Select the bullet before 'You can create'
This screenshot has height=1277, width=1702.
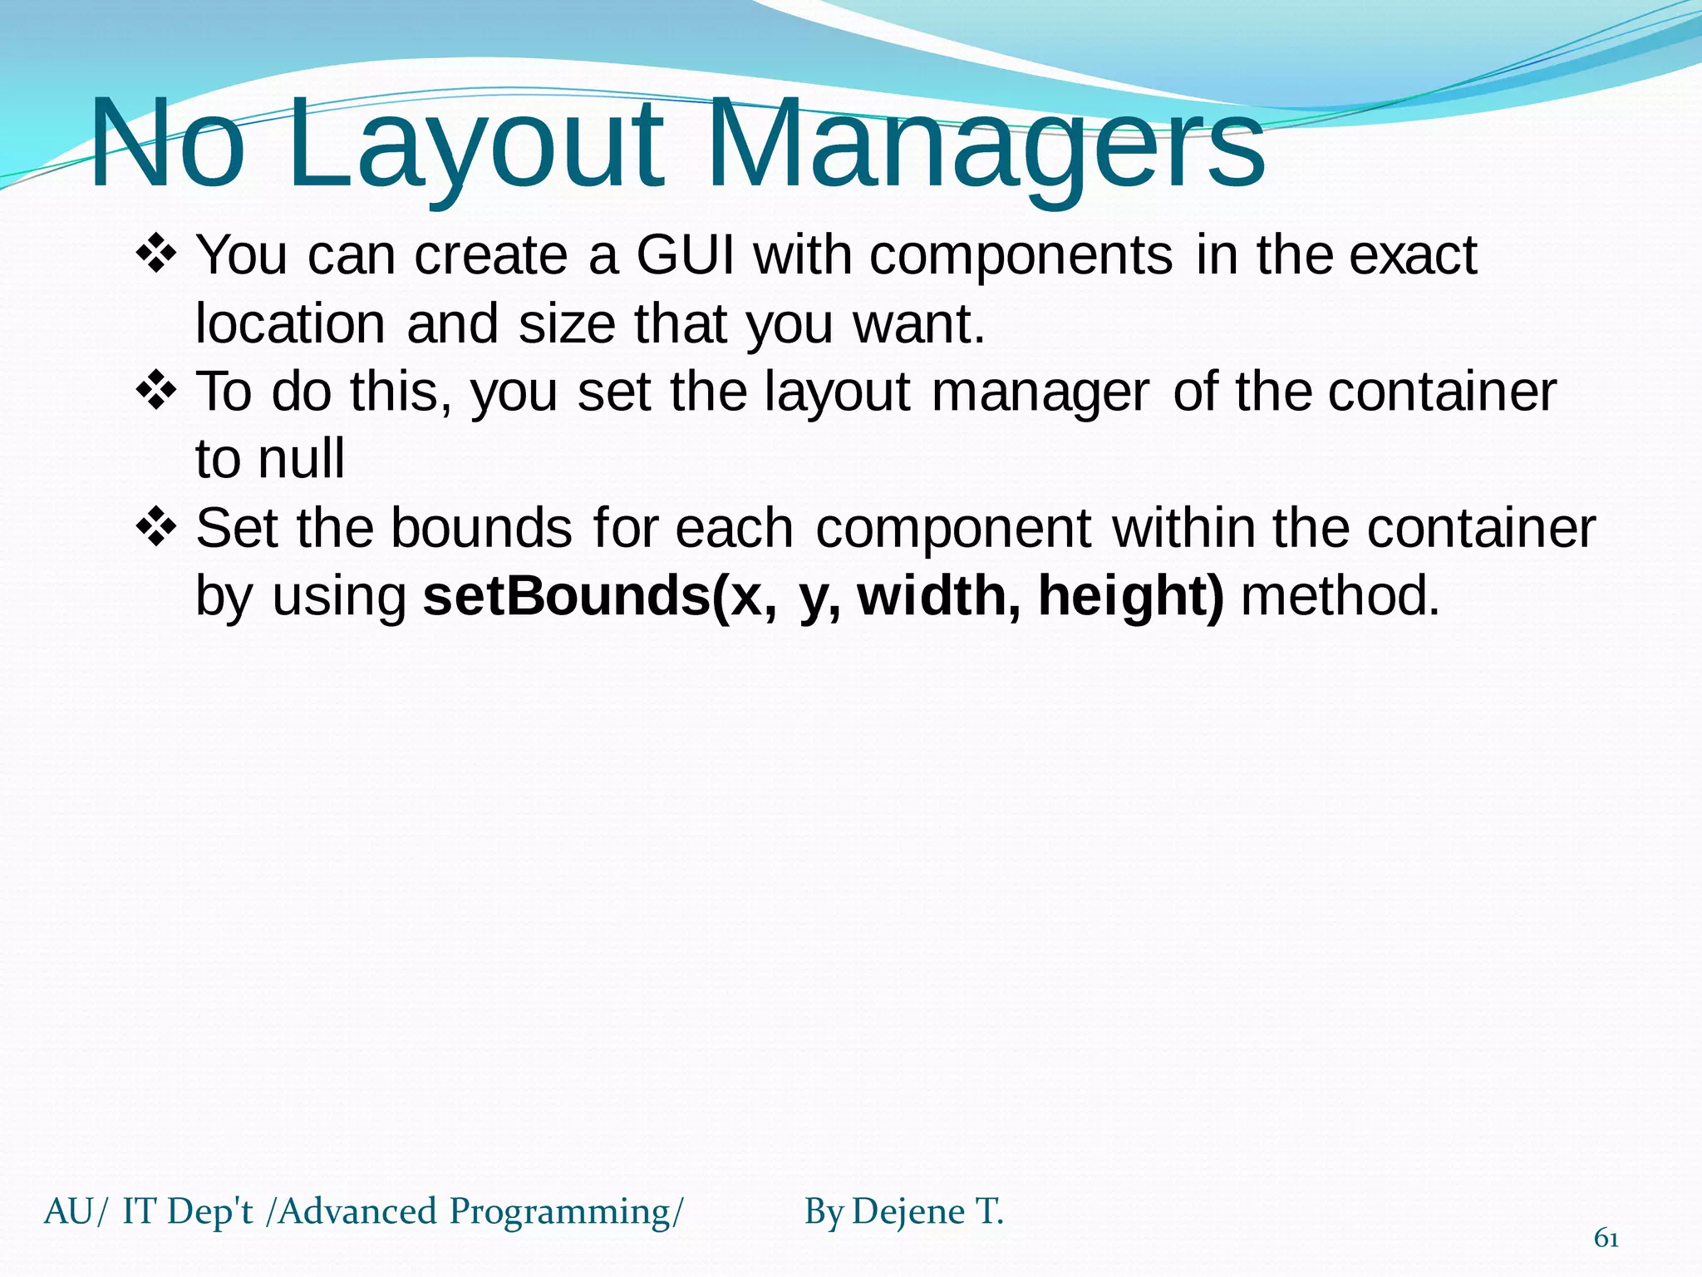click(155, 254)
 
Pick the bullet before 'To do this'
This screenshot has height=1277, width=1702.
click(155, 391)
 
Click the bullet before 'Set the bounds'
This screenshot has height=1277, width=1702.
click(155, 528)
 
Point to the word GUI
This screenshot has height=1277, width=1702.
click(686, 254)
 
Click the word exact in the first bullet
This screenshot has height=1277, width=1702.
click(1413, 254)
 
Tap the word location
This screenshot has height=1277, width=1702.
click(290, 323)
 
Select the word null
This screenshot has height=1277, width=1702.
click(301, 459)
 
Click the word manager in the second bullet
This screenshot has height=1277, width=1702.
click(1040, 392)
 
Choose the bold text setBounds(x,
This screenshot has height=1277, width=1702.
click(600, 596)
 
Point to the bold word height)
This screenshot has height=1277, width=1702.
click(1130, 596)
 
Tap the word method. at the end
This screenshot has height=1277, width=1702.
click(1340, 596)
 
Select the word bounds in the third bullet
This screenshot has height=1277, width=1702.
click(481, 528)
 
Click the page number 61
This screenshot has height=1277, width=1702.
click(1606, 1239)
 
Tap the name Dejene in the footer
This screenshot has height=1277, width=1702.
click(908, 1211)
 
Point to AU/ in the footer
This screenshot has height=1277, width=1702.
click(76, 1212)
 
